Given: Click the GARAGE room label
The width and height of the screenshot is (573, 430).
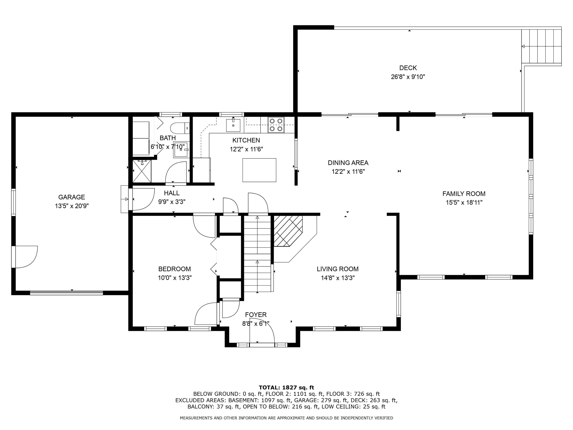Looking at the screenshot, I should (71, 197).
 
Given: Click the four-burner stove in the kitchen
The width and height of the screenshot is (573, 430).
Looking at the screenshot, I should (276, 125).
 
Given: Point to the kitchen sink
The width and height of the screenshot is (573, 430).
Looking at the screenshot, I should (233, 125).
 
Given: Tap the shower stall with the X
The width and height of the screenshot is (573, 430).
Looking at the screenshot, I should (142, 171).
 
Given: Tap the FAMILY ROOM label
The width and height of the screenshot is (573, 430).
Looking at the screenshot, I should (464, 194).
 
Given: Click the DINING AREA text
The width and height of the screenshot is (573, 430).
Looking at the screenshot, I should (348, 163).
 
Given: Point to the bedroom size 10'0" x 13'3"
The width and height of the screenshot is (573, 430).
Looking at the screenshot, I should (175, 278).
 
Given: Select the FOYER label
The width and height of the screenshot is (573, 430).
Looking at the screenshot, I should (256, 315).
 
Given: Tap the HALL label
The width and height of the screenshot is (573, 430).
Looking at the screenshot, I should (172, 193).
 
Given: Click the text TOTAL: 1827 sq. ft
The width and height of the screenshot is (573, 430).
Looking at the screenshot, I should (286, 388).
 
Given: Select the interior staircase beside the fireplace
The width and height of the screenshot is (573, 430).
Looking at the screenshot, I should (257, 254).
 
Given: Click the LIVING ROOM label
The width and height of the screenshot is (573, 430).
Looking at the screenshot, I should (337, 269).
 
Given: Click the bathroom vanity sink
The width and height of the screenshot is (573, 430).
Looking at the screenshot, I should (180, 150).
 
